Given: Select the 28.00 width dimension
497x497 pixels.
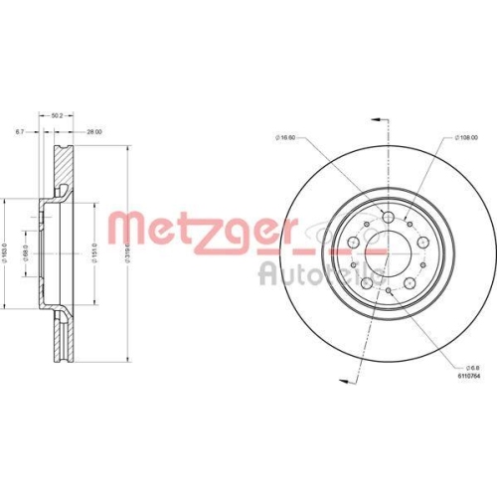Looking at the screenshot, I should [x=94, y=130].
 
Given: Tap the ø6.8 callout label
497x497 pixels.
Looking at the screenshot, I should [x=464, y=365].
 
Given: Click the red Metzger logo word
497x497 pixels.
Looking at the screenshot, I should [x=200, y=231].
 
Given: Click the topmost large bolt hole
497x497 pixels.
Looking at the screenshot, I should [x=390, y=218].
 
